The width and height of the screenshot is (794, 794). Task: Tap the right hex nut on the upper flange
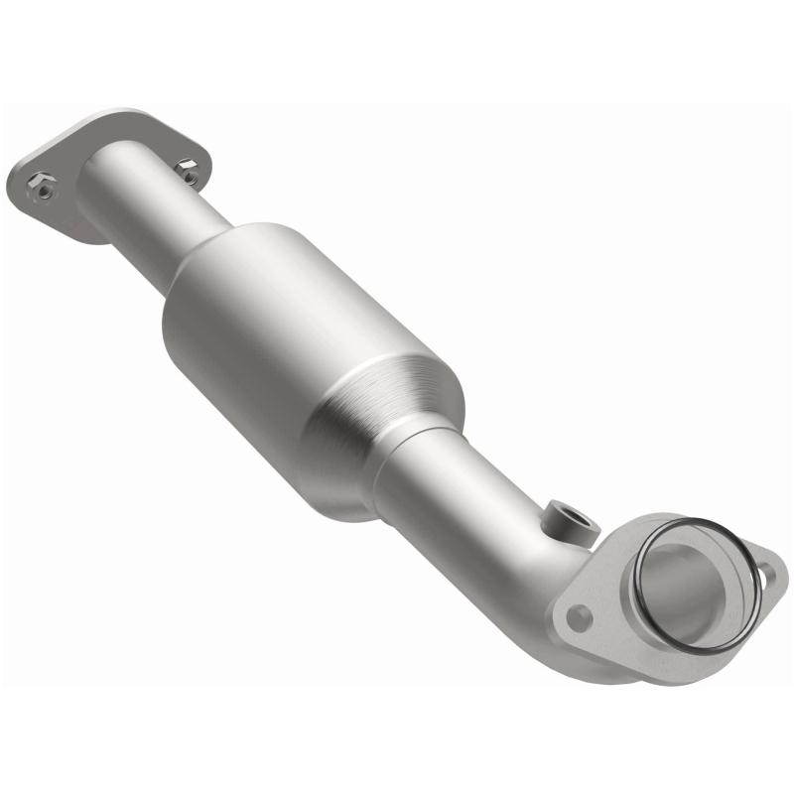click(x=187, y=172)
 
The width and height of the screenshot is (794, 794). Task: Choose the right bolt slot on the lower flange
click(x=766, y=573)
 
